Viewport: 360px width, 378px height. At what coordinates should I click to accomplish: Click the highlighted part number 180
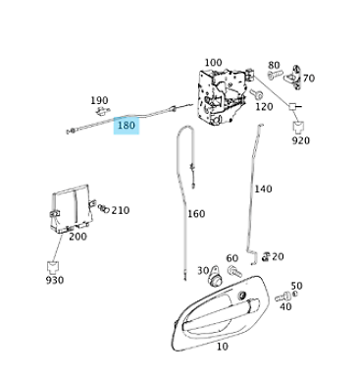click(x=127, y=126)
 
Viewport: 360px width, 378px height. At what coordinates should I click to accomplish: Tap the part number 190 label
click(x=99, y=100)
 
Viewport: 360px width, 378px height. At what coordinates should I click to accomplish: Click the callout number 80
click(x=274, y=65)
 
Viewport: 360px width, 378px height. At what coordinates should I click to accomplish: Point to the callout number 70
click(x=308, y=79)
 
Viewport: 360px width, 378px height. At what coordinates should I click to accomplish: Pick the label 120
click(x=263, y=106)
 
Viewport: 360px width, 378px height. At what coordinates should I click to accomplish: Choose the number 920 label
click(x=300, y=140)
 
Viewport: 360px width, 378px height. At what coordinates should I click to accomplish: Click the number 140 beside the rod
click(x=264, y=189)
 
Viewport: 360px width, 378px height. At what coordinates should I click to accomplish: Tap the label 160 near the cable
click(x=196, y=214)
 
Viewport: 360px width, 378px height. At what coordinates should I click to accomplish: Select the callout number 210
click(x=120, y=210)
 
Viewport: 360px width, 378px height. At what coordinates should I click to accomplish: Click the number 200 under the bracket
click(x=77, y=237)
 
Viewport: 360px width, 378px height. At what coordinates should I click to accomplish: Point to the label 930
click(x=54, y=280)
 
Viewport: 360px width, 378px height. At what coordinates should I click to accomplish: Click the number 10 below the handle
click(x=222, y=346)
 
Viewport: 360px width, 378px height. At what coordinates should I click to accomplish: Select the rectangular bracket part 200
click(x=72, y=207)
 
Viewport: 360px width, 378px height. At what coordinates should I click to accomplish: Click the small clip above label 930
click(x=53, y=264)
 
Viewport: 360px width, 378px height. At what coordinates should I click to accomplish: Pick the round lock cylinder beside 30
click(x=218, y=277)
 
